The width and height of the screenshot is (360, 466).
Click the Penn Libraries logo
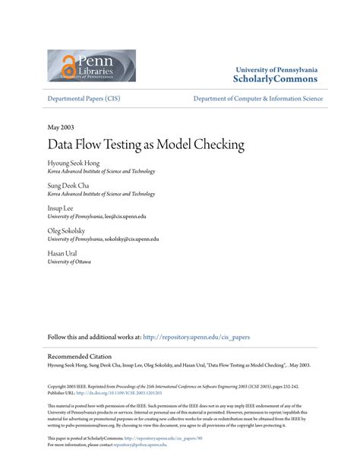click(x=91, y=65)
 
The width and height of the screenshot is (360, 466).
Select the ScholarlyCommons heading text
click(x=276, y=79)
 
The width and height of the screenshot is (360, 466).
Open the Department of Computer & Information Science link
click(x=257, y=99)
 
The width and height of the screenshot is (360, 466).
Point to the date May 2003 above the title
click(x=60, y=128)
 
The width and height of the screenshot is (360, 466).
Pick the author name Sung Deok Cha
click(x=68, y=185)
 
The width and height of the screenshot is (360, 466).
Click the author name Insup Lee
click(x=62, y=208)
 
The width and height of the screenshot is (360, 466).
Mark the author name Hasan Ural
click(x=62, y=252)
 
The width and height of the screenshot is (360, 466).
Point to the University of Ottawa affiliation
click(x=69, y=262)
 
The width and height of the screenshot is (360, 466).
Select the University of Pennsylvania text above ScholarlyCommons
click(x=276, y=68)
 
